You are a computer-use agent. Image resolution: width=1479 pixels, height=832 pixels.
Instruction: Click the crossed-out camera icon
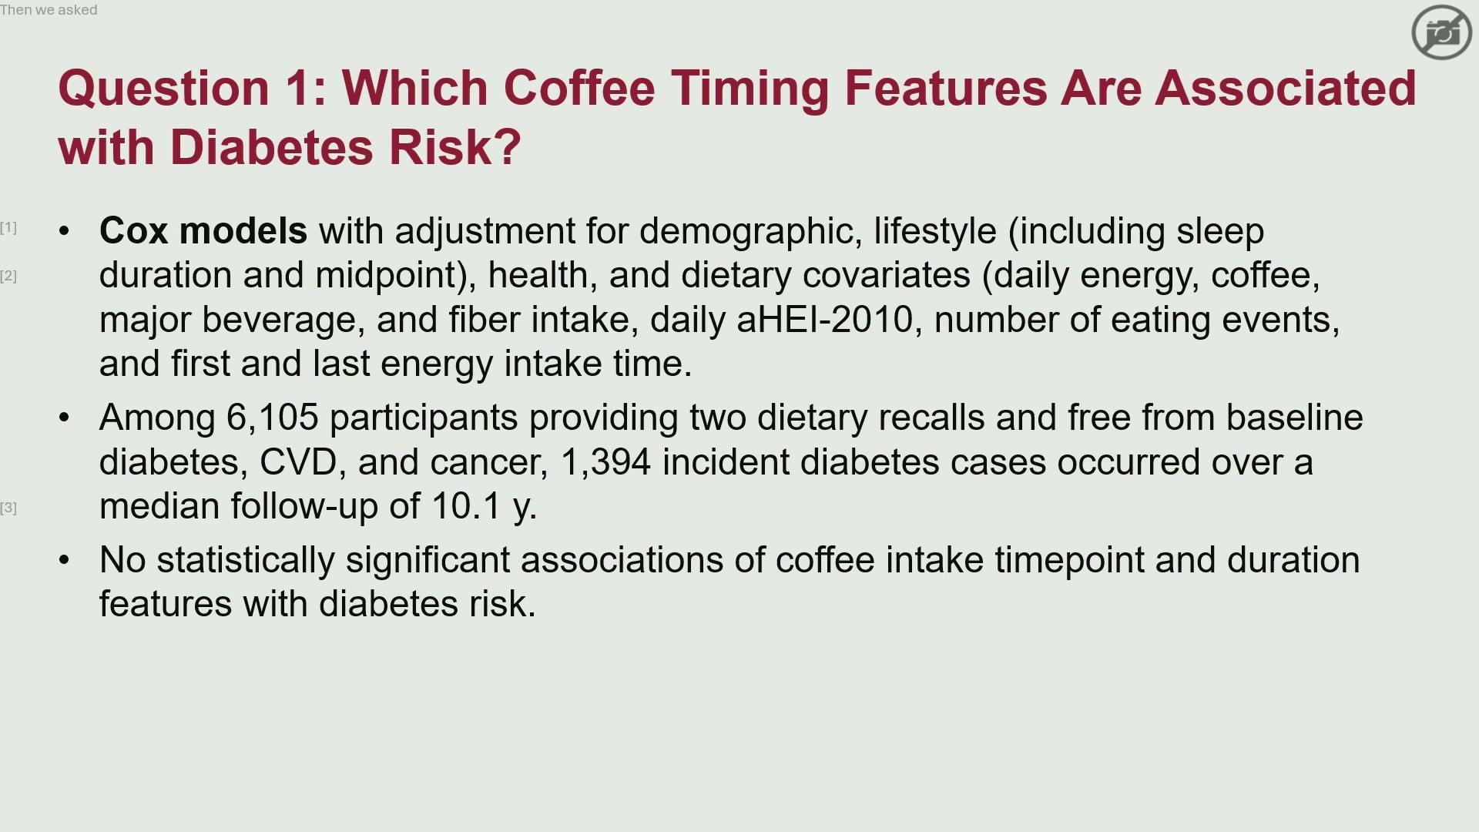(x=1442, y=32)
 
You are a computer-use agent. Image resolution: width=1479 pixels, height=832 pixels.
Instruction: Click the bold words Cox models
(x=203, y=231)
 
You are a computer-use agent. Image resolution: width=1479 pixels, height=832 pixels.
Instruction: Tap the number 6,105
(x=272, y=418)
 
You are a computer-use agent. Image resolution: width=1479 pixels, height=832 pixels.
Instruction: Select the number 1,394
(x=605, y=463)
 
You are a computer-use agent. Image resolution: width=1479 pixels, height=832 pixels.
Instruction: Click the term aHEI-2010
(x=824, y=320)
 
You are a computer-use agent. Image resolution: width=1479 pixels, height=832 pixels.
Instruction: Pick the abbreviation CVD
(x=298, y=462)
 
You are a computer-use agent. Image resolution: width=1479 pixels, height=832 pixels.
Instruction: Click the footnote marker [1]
(x=8, y=227)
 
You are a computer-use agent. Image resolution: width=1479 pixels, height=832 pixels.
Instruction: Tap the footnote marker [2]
(x=8, y=276)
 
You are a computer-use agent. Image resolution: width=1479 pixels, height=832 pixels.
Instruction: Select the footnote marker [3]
(x=8, y=508)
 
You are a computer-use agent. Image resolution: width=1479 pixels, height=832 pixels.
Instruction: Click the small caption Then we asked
(x=49, y=10)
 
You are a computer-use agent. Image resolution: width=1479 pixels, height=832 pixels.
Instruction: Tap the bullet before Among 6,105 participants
(x=64, y=418)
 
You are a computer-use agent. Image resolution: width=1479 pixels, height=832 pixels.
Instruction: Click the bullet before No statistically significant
(x=64, y=560)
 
